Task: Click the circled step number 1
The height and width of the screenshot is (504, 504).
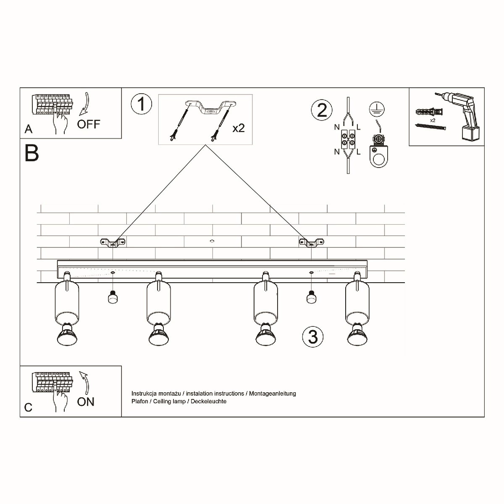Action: [141, 104]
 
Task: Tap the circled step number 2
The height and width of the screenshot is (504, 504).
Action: [322, 110]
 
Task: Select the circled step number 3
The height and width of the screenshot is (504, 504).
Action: [313, 336]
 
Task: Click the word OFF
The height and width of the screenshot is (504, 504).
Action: [89, 124]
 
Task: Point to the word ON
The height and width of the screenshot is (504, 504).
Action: [86, 402]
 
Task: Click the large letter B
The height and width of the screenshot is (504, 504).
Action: [32, 153]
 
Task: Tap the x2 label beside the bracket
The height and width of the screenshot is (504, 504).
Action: [239, 128]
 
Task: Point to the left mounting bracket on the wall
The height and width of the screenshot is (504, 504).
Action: [113, 242]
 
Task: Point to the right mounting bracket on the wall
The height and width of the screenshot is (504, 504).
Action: [311, 242]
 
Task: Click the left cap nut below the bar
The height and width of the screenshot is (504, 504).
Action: [112, 297]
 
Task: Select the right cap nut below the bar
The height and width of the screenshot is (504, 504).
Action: [311, 297]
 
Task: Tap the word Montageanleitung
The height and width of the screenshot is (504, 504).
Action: [273, 394]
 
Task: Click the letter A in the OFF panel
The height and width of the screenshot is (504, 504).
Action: [28, 129]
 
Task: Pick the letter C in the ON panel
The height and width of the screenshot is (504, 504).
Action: [28, 407]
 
